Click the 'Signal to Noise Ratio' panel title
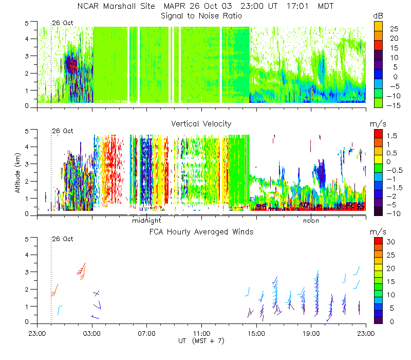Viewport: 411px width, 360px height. pos(201,16)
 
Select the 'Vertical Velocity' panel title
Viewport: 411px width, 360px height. pos(201,123)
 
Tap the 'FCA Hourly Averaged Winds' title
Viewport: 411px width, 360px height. pos(201,232)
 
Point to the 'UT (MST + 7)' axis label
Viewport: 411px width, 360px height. pos(201,341)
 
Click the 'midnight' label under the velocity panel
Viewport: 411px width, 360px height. pos(146,221)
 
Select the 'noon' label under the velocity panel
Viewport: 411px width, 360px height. pos(311,221)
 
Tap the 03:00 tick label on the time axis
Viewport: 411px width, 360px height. pos(92,333)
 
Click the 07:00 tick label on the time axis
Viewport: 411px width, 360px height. pos(147,333)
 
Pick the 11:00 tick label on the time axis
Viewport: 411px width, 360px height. pos(201,333)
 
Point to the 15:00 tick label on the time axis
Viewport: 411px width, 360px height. pos(256,333)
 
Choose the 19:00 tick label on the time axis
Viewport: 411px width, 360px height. pos(311,333)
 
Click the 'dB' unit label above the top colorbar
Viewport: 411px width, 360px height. pos(378,16)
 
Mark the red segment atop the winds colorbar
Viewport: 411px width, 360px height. pos(378,241)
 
